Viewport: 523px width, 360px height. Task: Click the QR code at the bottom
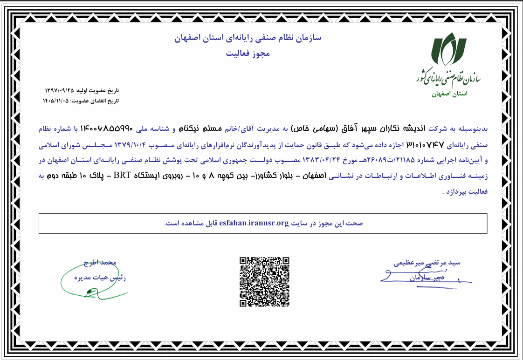[264, 281]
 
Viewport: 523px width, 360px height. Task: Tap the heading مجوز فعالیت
[248, 54]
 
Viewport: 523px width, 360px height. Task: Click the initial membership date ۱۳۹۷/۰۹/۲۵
[59, 89]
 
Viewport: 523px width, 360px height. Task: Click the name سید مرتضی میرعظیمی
[427, 263]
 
